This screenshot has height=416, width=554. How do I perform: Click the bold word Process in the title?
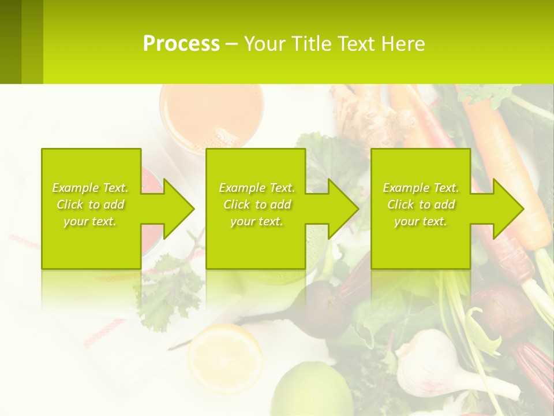[x=181, y=43]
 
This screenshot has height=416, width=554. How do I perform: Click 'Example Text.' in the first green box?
[x=91, y=188]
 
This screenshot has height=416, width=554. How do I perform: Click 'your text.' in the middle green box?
[x=257, y=221]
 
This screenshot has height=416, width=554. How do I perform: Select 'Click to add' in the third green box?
[x=421, y=205]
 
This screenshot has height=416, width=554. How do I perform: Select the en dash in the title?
[x=232, y=44]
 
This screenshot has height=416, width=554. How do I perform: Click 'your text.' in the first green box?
[x=91, y=221]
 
